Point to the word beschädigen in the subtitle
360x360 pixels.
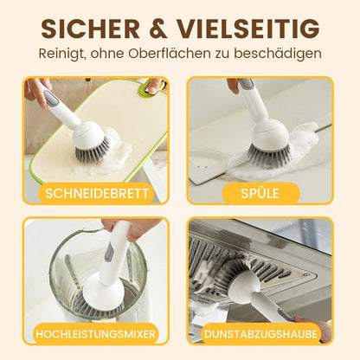278,54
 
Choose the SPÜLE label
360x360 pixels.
260,192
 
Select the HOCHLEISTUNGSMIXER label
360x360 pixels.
96,332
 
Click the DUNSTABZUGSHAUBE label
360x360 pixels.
260,332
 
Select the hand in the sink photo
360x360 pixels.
234,85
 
